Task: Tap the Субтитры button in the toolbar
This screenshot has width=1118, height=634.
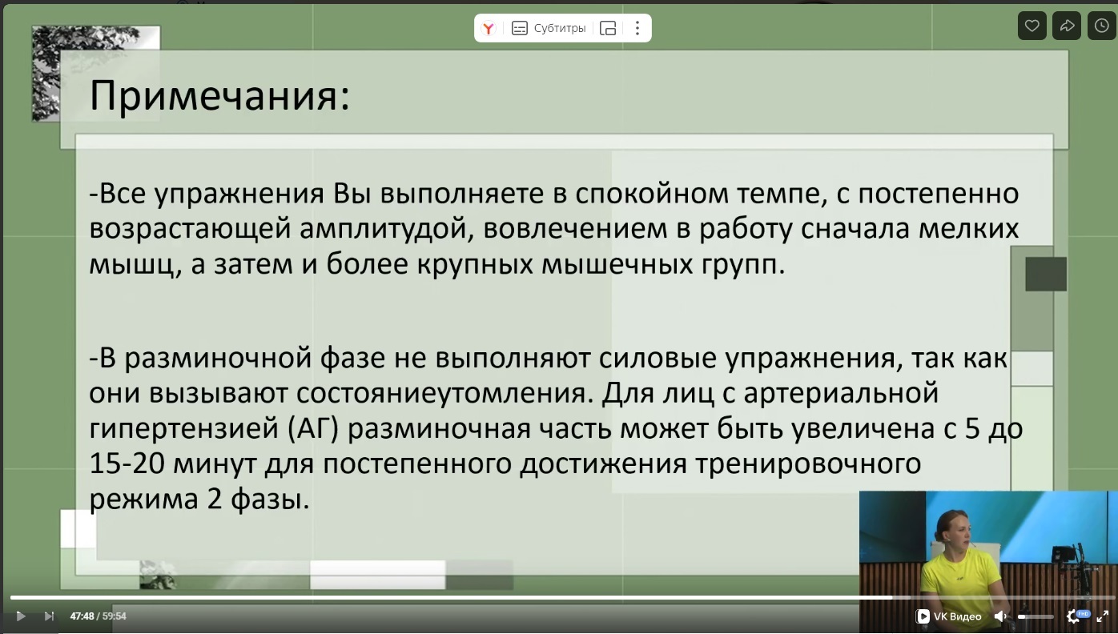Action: (549, 28)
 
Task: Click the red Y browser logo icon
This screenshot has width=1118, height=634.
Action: (489, 28)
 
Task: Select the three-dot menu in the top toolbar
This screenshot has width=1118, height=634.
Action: (637, 28)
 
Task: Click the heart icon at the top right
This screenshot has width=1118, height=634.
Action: (1032, 26)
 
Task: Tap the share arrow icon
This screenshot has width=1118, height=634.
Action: (1067, 26)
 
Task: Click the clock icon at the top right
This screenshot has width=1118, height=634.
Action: (1101, 26)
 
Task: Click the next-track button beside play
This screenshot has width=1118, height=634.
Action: (49, 616)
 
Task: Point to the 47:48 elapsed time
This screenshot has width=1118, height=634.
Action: (82, 616)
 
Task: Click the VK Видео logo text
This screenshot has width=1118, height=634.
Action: (949, 616)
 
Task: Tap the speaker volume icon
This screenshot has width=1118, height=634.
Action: (999, 616)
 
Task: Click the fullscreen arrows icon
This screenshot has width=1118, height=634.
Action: (1103, 616)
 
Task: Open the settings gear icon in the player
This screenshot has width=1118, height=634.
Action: (1073, 616)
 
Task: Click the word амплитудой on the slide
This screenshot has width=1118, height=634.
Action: (386, 229)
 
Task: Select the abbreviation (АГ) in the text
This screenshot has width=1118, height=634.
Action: (313, 429)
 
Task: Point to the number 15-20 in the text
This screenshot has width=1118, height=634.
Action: (127, 463)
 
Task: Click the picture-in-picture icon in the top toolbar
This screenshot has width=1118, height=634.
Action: (607, 28)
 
